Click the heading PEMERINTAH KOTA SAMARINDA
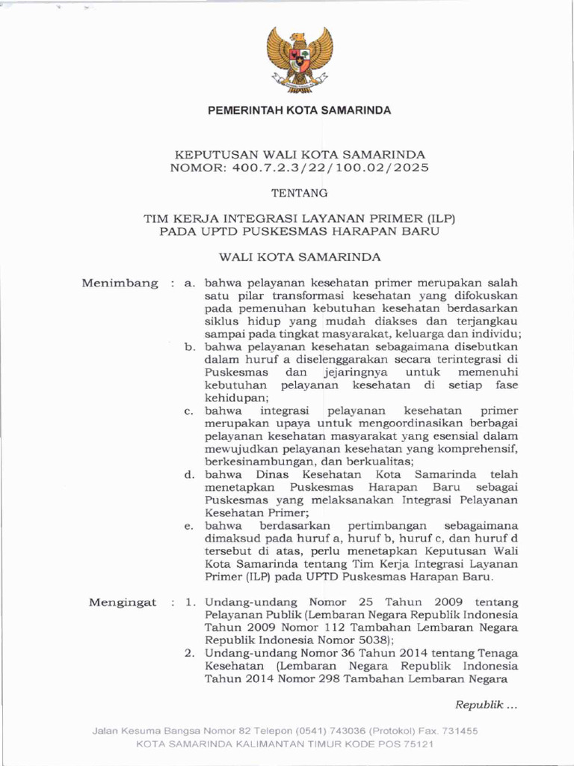pos(299,110)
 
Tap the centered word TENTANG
pos(299,193)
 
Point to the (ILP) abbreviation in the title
pos(440,218)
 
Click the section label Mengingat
pos(123,602)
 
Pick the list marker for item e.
pos(190,527)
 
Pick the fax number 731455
pos(458,731)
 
